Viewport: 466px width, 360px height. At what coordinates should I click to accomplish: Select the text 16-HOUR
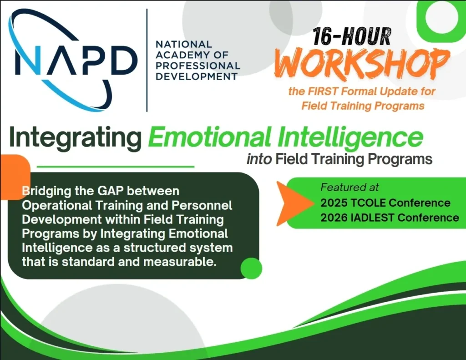352,36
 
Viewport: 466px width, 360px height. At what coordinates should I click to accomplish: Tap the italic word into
259,160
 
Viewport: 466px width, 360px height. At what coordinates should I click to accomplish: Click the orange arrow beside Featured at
290,203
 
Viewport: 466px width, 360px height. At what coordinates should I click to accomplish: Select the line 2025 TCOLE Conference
385,203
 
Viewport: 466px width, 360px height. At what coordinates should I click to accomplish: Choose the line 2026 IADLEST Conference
390,218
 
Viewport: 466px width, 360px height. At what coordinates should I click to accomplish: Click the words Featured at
349,187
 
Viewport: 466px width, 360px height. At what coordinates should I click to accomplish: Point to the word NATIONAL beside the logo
184,45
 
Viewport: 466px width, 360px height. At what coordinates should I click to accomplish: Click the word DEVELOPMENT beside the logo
197,76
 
